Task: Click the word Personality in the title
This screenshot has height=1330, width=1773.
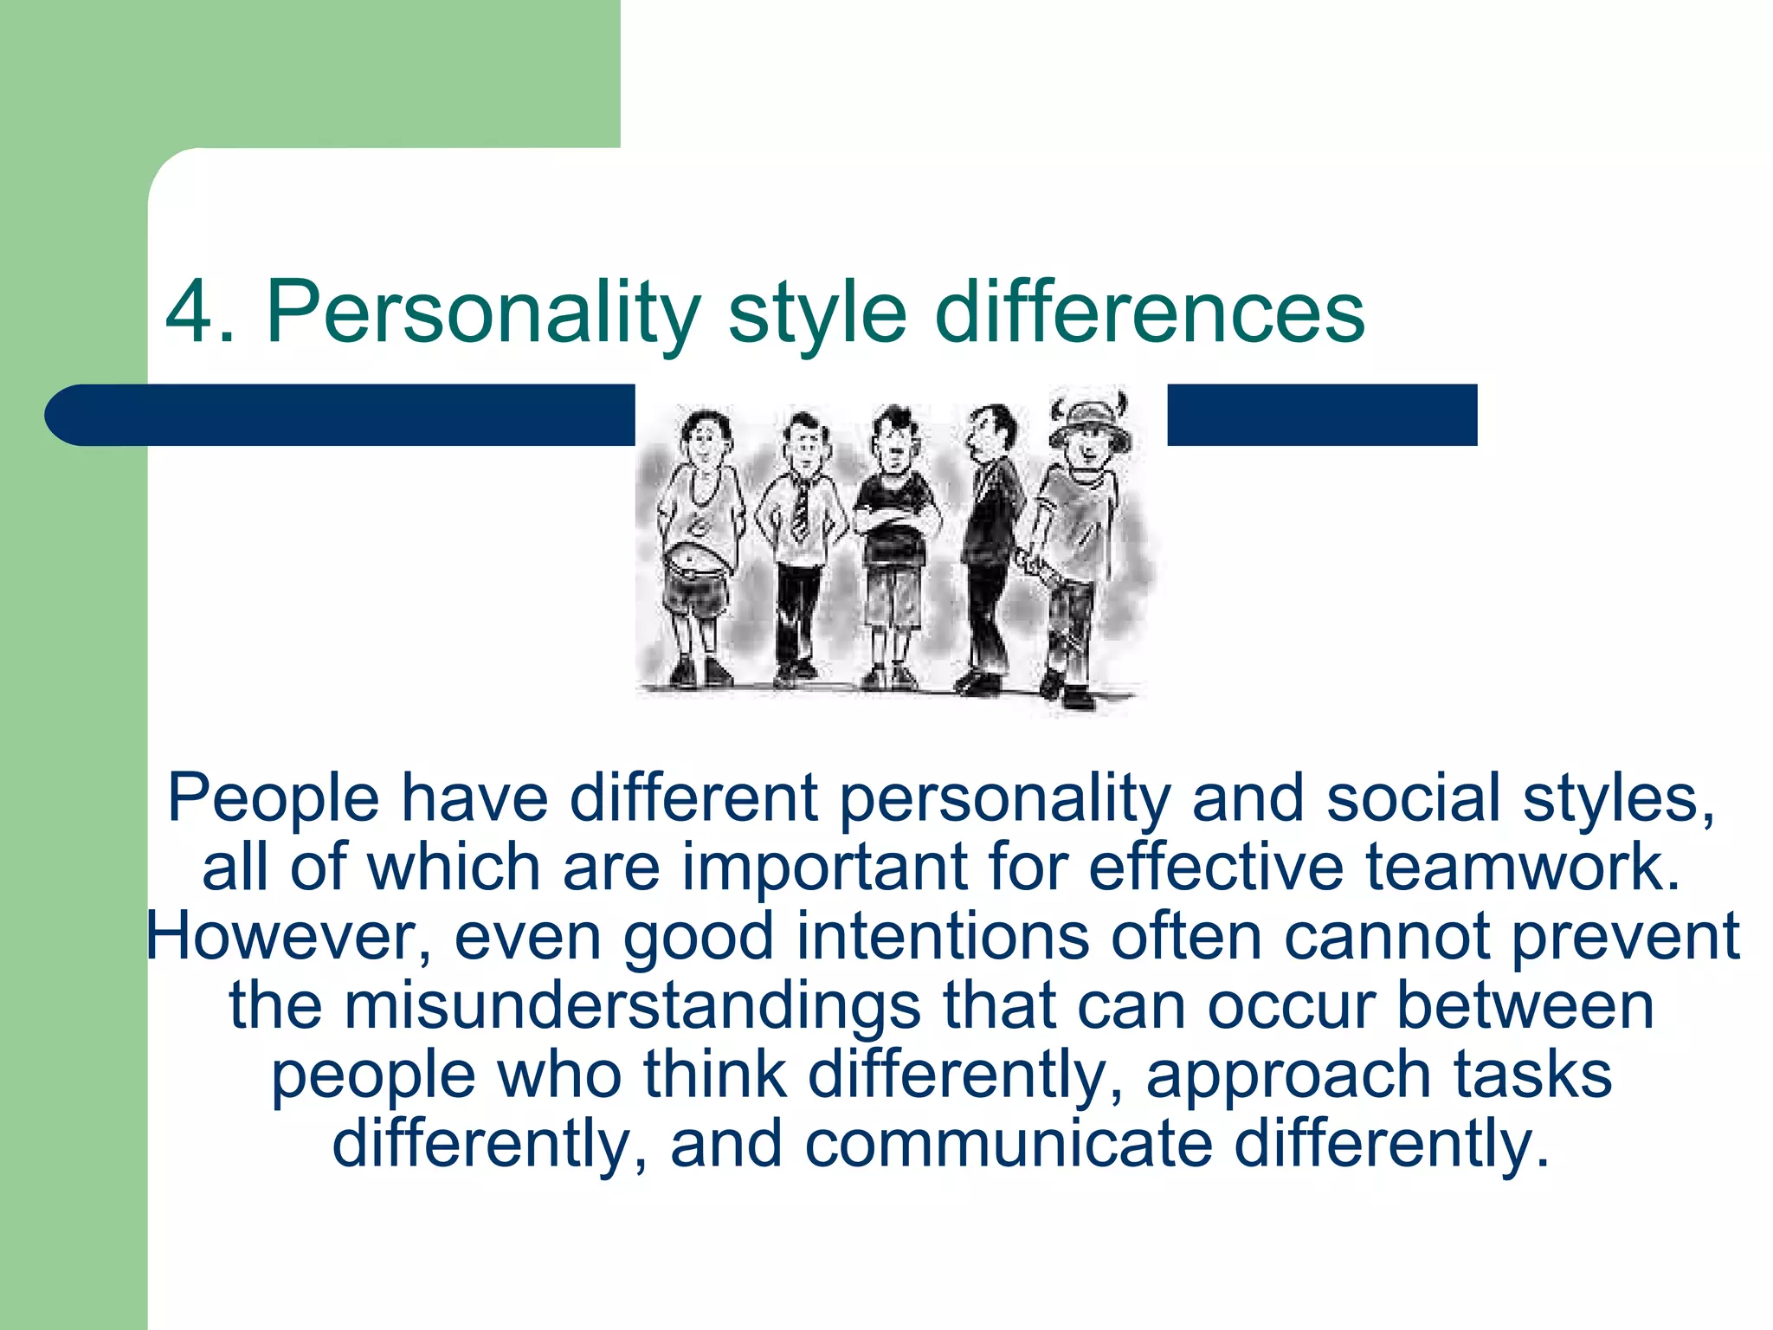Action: coord(483,313)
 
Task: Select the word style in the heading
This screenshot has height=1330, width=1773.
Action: coord(817,313)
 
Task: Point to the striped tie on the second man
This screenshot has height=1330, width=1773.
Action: coord(801,511)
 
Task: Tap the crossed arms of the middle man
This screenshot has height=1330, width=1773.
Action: coord(897,520)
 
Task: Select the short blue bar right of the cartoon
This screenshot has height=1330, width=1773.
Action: coord(1321,415)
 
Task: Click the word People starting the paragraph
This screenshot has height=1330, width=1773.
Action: coord(273,798)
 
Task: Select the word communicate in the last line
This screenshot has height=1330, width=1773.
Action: coord(1009,1145)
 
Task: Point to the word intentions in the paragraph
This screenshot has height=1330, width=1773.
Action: coord(942,937)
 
